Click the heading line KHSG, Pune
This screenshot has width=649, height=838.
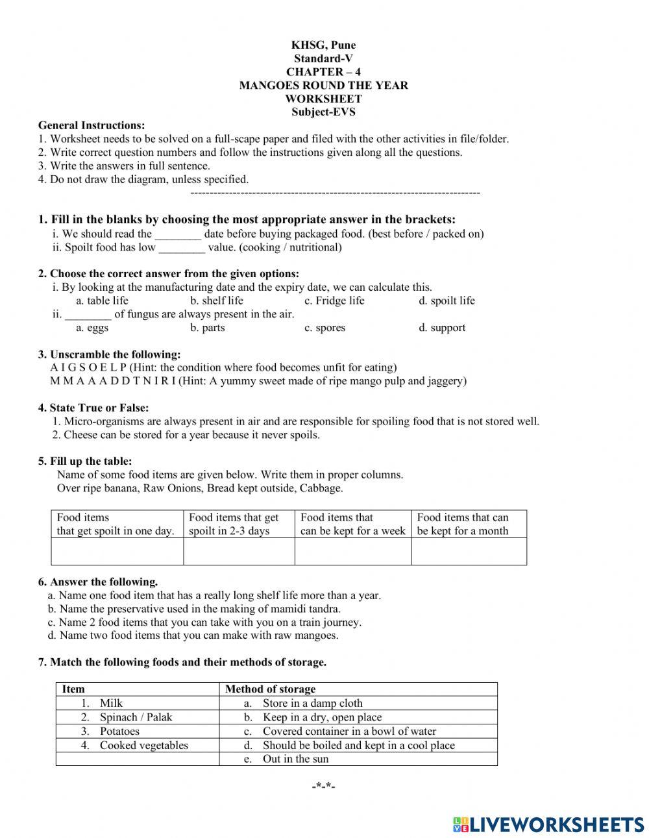coord(323,45)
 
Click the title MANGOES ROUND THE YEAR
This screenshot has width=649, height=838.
coord(323,85)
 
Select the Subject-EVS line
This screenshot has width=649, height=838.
coord(323,112)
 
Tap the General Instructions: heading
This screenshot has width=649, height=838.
coord(92,125)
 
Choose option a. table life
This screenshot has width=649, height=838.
coord(102,301)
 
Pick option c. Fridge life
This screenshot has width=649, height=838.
coord(334,301)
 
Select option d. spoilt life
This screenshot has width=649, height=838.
coord(447,301)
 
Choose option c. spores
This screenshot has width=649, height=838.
coord(324,328)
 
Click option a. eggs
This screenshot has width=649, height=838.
coord(92,328)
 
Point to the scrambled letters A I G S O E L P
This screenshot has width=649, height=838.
coord(88,367)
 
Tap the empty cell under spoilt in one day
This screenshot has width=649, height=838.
coord(117,552)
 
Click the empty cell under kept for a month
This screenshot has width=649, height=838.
coord(469,552)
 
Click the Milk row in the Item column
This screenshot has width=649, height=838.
coord(111,703)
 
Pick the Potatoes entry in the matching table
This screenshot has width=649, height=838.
coord(119,731)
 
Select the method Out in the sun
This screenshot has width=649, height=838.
coord(295,759)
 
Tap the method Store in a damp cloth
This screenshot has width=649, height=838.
coord(312,703)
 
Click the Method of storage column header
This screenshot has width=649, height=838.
coord(270,689)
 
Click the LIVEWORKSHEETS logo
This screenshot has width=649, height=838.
coord(548,824)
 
